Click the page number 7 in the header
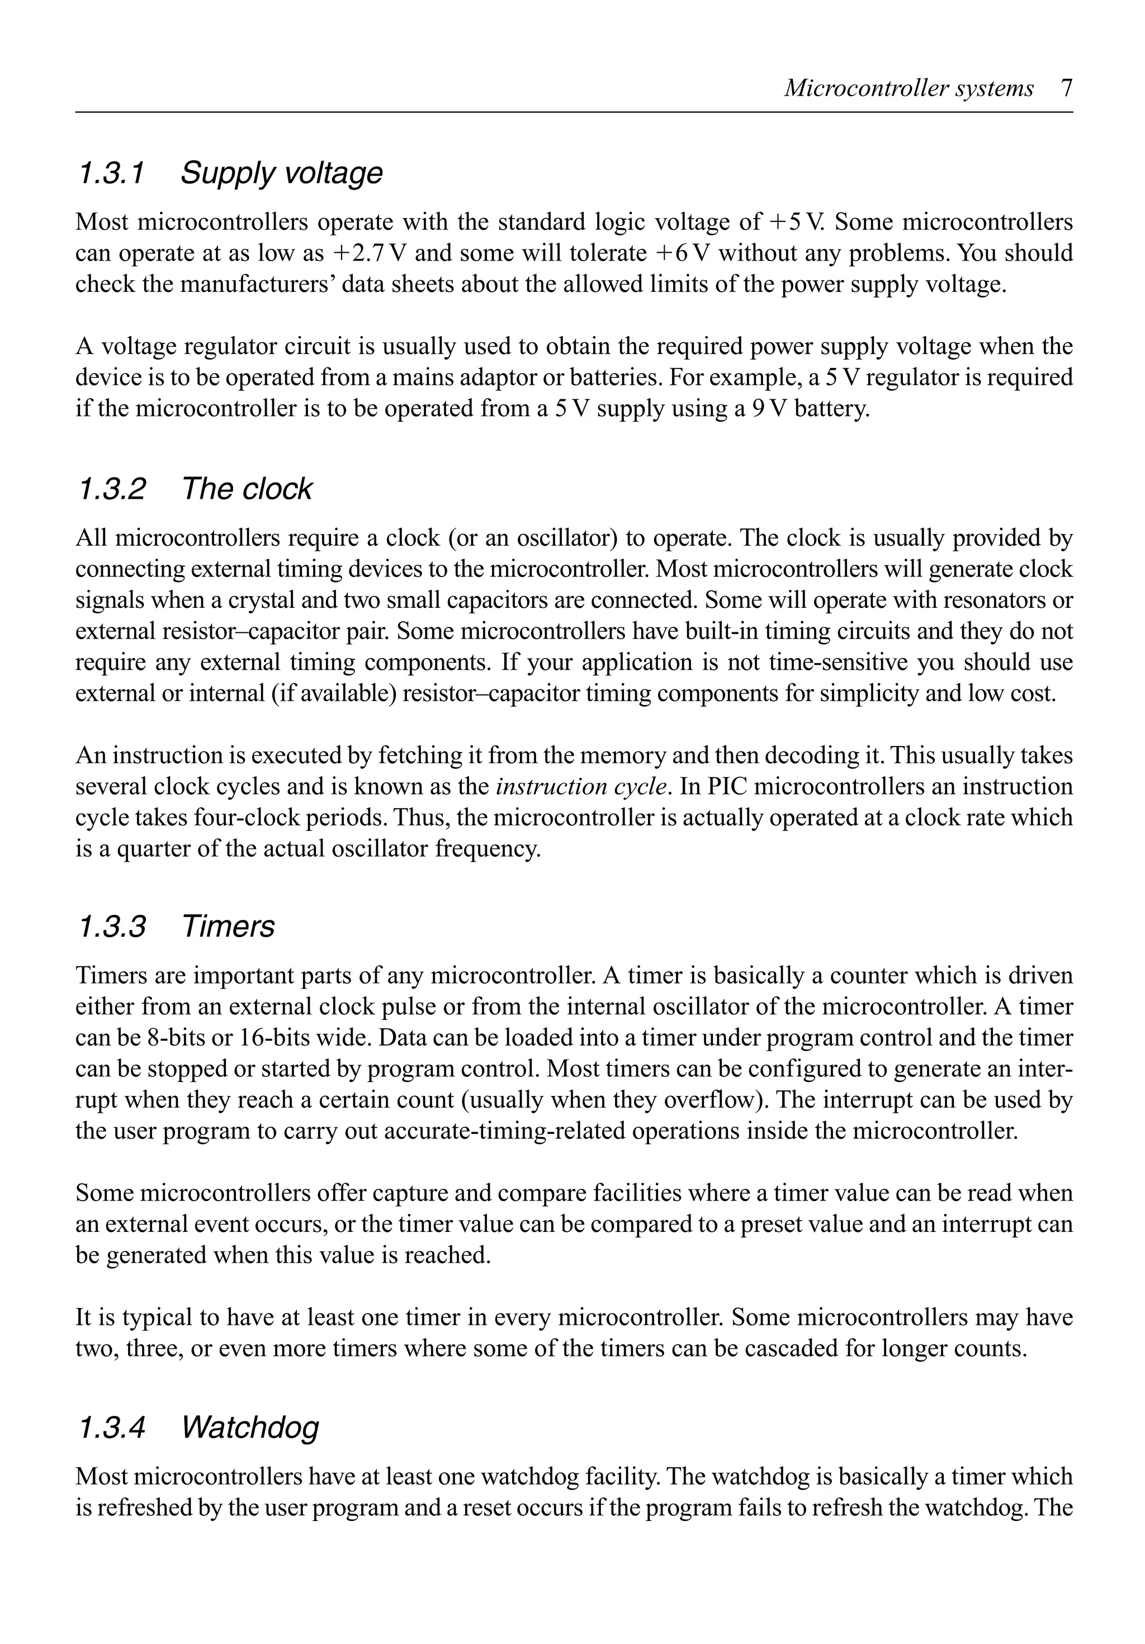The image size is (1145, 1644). coord(1066,88)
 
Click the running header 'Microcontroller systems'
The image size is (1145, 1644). coord(909,88)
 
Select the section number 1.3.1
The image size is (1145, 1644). coord(111,173)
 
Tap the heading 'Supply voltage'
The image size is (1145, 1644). coord(281,173)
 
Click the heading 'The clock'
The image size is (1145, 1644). coord(247,489)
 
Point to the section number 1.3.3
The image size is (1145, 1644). coord(111,927)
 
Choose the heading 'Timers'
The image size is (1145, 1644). coord(228,927)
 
